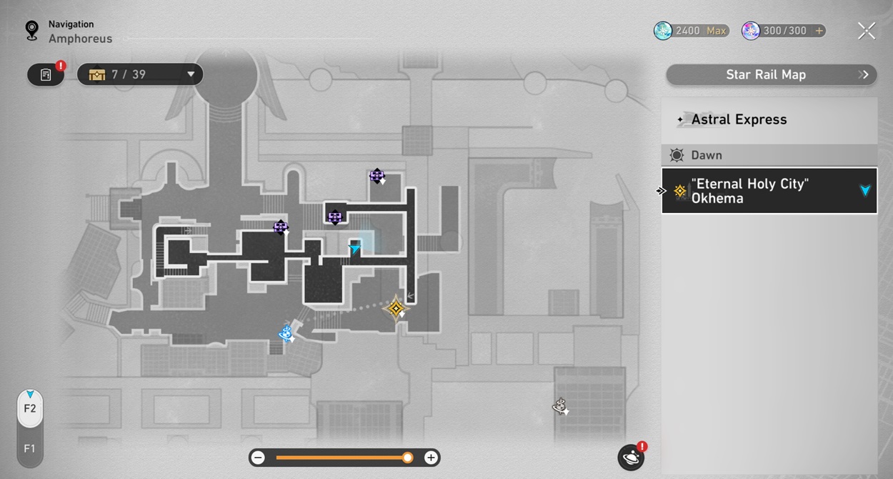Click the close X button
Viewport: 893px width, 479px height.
866,31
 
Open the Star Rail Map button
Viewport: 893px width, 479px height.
771,74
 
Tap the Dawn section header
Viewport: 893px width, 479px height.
769,155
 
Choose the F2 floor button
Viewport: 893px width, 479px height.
30,408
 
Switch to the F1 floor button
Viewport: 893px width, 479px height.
30,449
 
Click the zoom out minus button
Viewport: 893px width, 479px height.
259,458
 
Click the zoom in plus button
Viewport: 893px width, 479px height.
431,458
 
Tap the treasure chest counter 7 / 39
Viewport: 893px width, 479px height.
140,74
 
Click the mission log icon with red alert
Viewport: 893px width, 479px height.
46,74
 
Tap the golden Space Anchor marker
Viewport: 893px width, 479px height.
395,309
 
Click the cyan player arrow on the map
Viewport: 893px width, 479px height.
355,248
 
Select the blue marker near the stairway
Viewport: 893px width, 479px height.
286,333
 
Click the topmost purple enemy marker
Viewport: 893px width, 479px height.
376,176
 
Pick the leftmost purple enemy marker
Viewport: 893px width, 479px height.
281,227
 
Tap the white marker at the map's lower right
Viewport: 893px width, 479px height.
560,407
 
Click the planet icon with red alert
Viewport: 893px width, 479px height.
631,457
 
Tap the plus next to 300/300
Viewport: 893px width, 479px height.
819,31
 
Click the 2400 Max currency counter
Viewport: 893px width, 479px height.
692,31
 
